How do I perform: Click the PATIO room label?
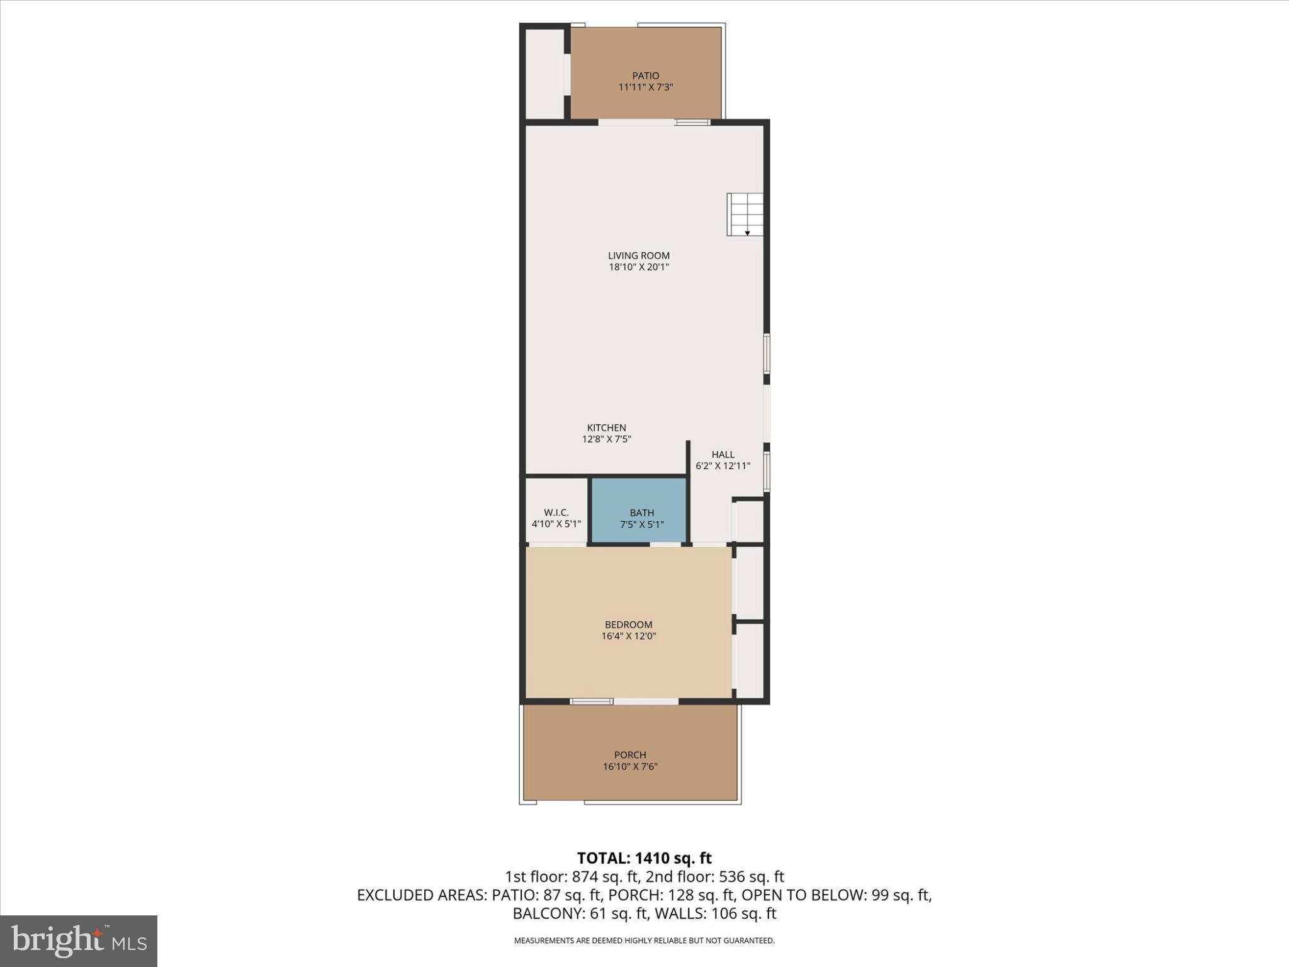tap(646, 76)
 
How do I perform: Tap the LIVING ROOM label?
tap(638, 256)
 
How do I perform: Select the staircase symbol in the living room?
tap(745, 215)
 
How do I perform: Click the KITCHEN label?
tap(606, 428)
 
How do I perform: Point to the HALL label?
tap(723, 455)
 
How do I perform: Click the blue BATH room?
tap(639, 510)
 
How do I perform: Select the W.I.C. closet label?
tap(556, 513)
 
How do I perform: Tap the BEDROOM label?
tap(628, 625)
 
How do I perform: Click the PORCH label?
tap(630, 755)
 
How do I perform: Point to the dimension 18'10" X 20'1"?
tap(638, 268)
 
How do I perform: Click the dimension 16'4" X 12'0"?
tap(628, 636)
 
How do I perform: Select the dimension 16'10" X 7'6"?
tap(630, 767)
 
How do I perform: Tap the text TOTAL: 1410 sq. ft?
tap(644, 858)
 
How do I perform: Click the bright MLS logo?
tap(79, 941)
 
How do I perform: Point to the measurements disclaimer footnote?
tap(644, 941)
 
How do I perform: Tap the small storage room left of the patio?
tap(543, 72)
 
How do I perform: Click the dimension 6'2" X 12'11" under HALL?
tap(723, 467)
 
